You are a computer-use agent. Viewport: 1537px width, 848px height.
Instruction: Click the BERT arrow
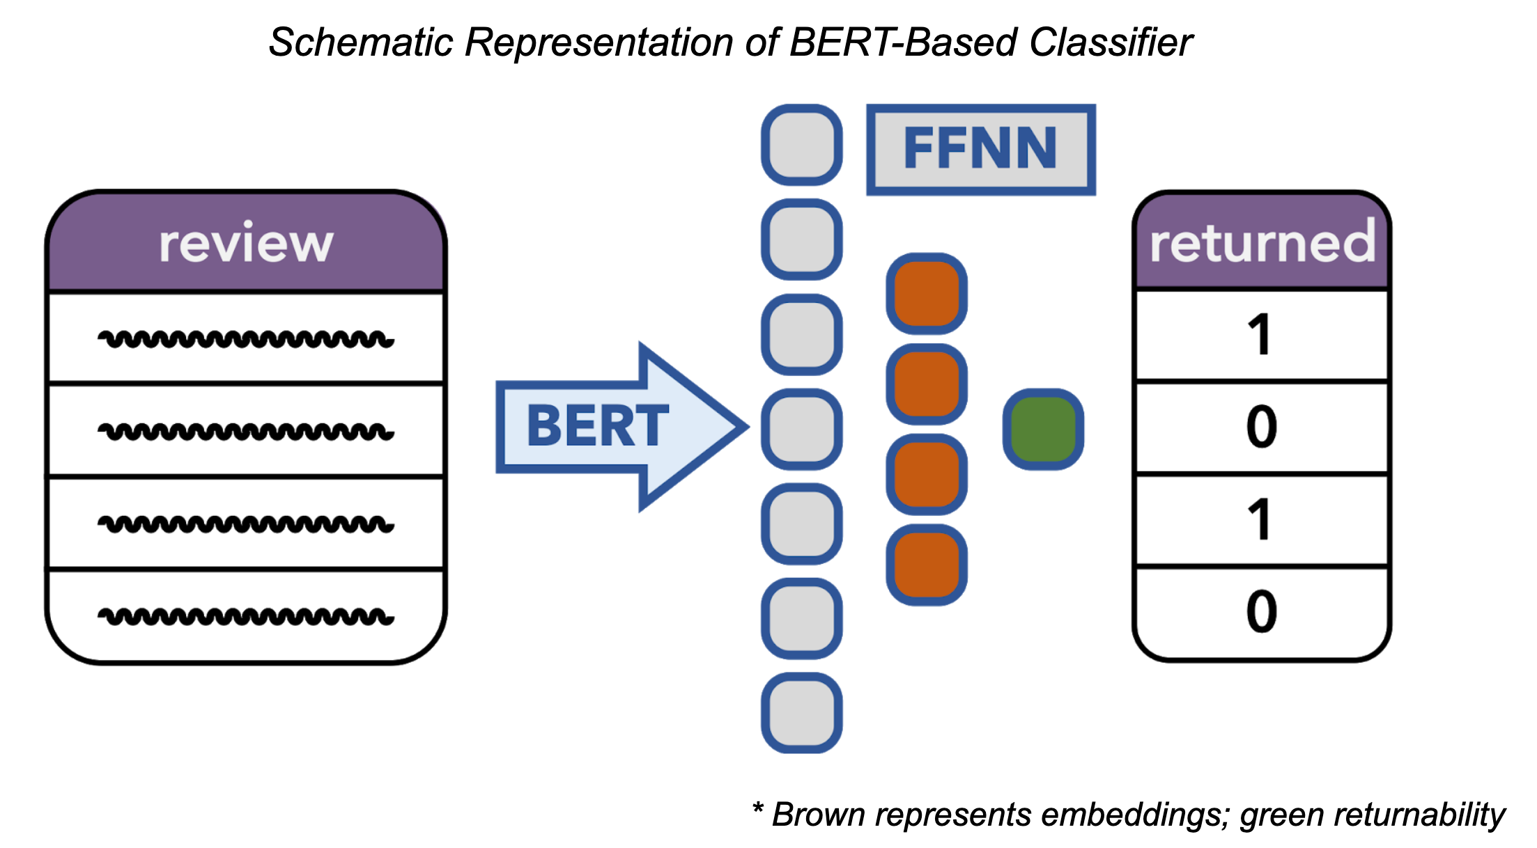[x=613, y=426]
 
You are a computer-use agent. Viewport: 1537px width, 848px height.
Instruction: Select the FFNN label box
[x=980, y=149]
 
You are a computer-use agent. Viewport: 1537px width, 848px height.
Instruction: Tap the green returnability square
[x=1043, y=429]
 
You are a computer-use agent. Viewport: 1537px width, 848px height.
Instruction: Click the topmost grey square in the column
[x=801, y=145]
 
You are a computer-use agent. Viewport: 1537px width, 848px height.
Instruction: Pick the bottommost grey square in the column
[x=801, y=712]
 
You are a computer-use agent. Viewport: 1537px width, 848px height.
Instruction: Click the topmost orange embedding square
[x=926, y=293]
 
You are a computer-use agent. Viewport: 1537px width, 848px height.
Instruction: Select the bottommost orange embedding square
[x=926, y=565]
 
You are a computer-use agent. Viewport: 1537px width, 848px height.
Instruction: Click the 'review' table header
[x=246, y=244]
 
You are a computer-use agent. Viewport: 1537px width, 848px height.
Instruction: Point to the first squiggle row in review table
[x=246, y=340]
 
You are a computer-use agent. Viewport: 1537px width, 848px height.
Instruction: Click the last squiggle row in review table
[x=246, y=616]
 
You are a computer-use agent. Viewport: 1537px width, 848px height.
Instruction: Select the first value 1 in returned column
[x=1260, y=336]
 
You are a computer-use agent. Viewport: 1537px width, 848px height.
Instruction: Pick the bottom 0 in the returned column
[x=1261, y=612]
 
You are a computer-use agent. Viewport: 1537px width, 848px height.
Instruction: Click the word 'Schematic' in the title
[x=361, y=43]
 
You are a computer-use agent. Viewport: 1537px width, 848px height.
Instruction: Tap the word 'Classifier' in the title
[x=1111, y=43]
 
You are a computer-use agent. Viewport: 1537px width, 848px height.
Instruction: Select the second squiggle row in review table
[x=246, y=432]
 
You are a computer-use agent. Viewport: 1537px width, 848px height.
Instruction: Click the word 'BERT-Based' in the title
[x=903, y=43]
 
